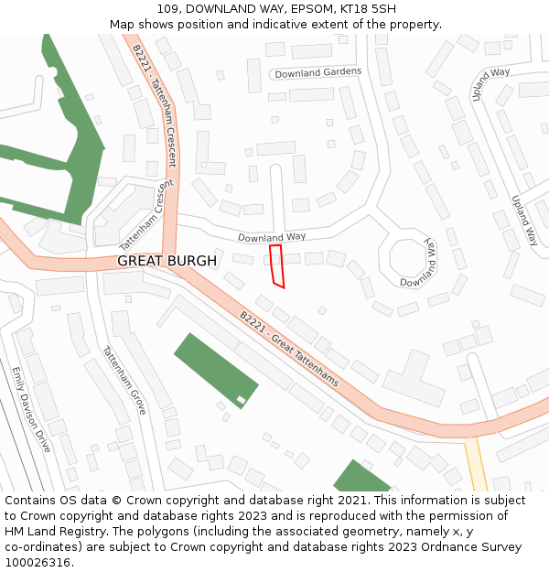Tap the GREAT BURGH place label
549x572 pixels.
[167, 261]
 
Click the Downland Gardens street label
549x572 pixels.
[318, 71]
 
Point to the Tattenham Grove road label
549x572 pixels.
[124, 380]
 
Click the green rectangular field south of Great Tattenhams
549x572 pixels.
[215, 368]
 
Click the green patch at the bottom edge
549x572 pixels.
[361, 478]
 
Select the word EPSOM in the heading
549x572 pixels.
[297, 9]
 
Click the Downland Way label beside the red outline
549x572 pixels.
[272, 237]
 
